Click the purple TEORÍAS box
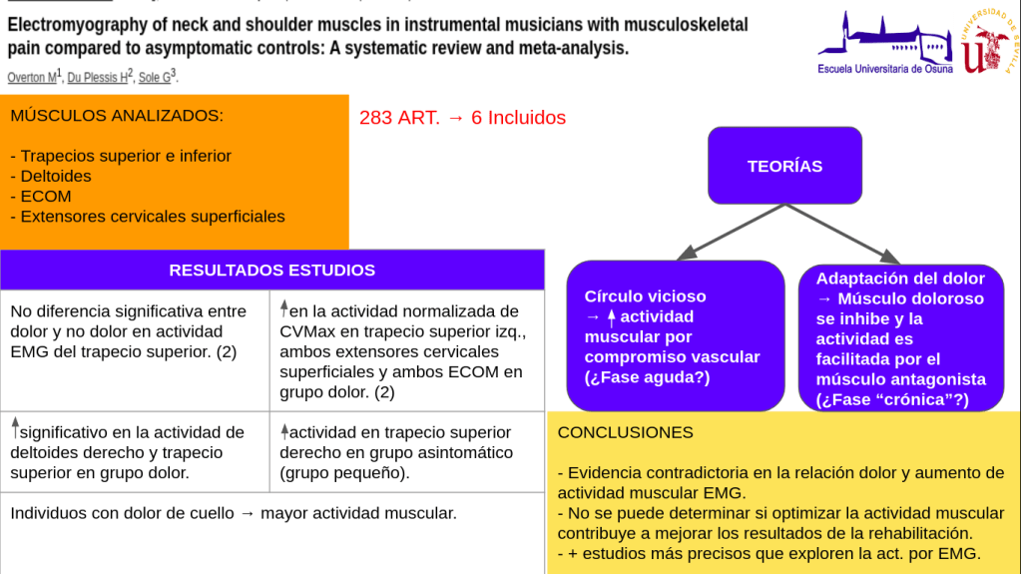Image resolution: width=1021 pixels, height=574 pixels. pyautogui.click(x=784, y=166)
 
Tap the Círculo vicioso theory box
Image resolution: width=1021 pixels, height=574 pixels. pyautogui.click(x=676, y=336)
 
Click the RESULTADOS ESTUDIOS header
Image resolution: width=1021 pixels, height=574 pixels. pyautogui.click(x=271, y=270)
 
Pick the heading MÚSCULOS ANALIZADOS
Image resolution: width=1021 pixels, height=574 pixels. pyautogui.click(x=117, y=116)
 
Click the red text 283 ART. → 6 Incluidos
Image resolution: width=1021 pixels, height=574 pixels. pyautogui.click(x=462, y=118)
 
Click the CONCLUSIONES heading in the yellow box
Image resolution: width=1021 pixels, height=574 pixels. pyautogui.click(x=625, y=432)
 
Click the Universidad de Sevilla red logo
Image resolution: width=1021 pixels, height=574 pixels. pyautogui.click(x=989, y=42)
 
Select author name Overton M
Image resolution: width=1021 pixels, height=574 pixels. pyautogui.click(x=33, y=77)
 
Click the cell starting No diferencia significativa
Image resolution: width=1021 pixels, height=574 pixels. pyautogui.click(x=135, y=331)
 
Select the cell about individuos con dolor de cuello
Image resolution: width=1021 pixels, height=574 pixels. pyautogui.click(x=234, y=513)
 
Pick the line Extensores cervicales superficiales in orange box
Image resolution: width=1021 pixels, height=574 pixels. pyautogui.click(x=152, y=216)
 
